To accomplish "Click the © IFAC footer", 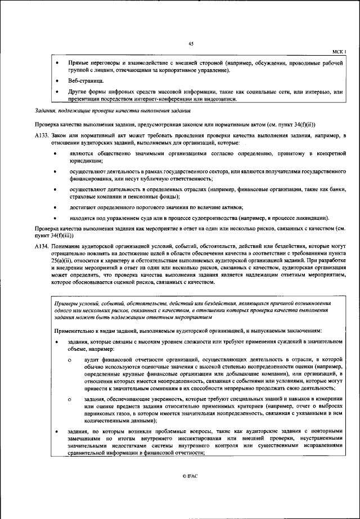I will tap(190, 476).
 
